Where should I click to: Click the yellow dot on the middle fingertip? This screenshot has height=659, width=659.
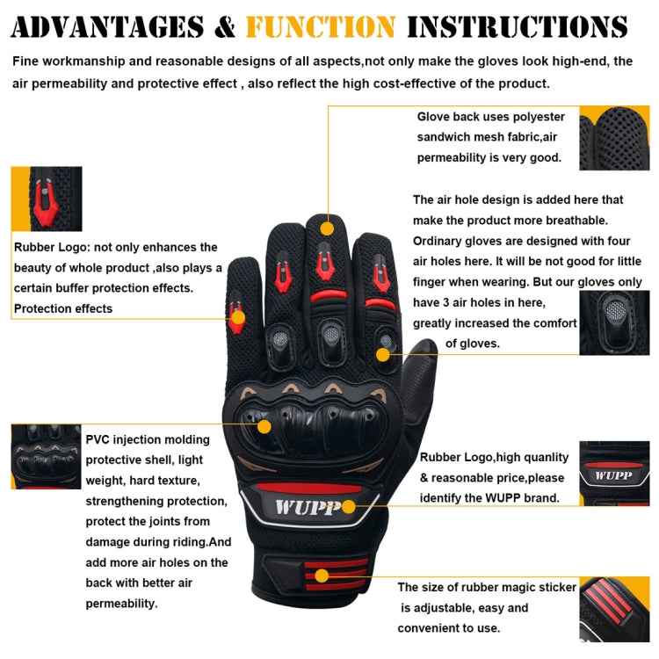(x=327, y=228)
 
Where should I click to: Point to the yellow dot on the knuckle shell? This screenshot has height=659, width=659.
(x=265, y=425)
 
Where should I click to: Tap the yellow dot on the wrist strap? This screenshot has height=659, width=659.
(x=322, y=576)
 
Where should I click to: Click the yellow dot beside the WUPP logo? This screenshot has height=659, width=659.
(x=349, y=506)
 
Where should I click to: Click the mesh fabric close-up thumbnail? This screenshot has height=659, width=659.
(x=614, y=137)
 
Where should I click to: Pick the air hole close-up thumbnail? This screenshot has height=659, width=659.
(x=614, y=322)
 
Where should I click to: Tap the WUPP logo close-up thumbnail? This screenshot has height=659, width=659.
(x=614, y=474)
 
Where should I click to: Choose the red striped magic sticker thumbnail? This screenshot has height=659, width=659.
(x=614, y=608)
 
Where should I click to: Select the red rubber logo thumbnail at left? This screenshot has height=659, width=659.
(x=46, y=199)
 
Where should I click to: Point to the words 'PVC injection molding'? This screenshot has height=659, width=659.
(x=148, y=439)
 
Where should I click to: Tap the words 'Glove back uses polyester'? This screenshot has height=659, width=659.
(x=490, y=117)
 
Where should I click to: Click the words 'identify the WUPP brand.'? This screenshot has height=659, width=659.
(x=489, y=498)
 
